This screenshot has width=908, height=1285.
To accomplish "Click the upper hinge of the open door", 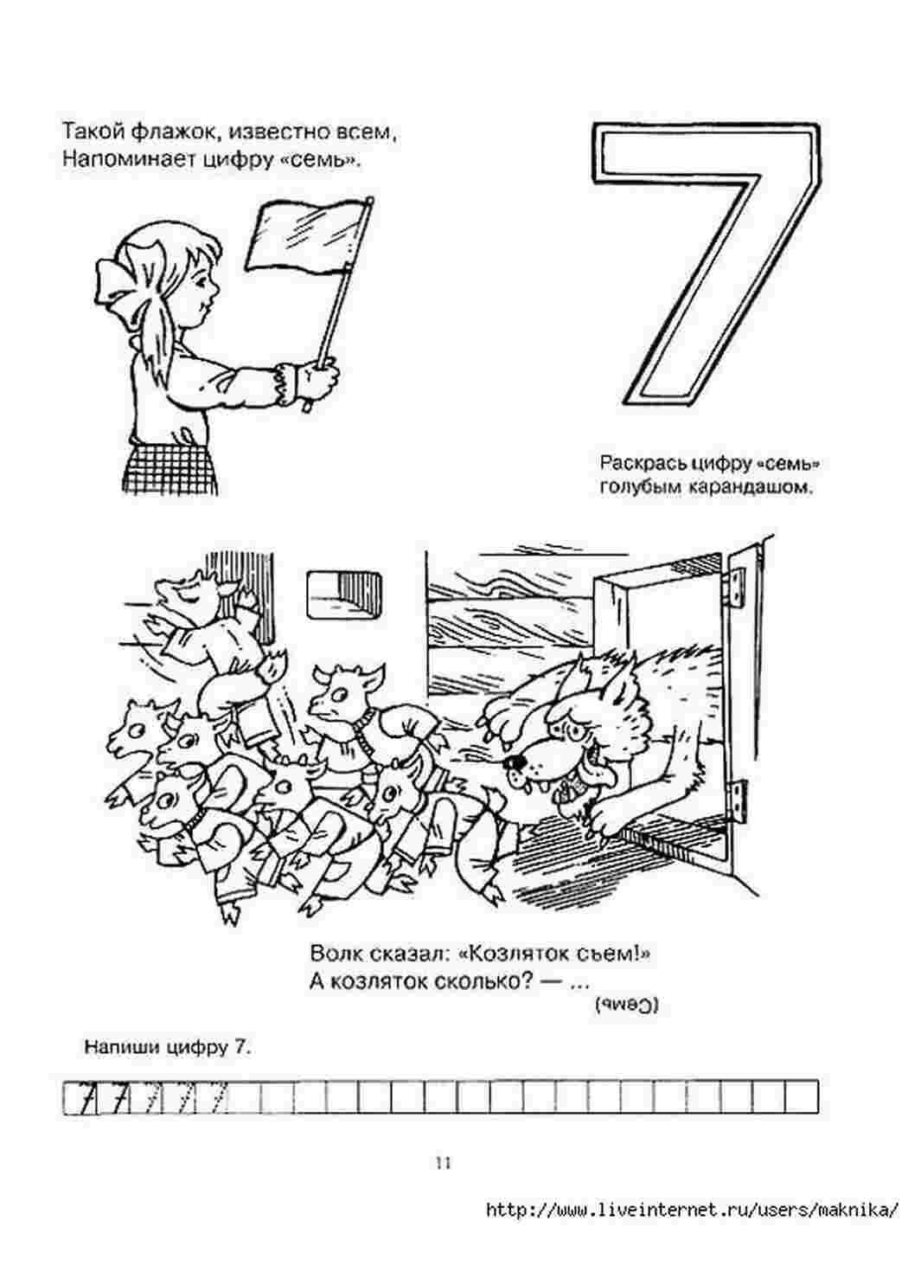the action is coord(738,580).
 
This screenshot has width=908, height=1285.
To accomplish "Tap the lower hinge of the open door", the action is coord(740,800).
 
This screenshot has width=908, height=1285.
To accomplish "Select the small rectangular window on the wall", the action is coord(345,594).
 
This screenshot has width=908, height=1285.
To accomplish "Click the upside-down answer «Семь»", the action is coord(627,1004).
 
